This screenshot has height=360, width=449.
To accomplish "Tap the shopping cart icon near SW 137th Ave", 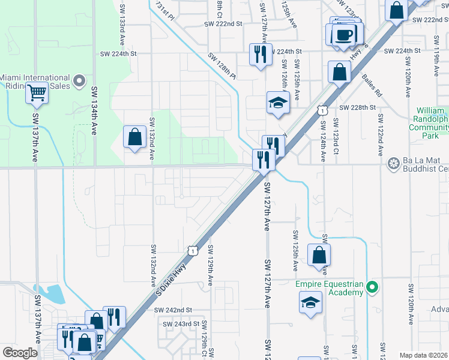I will click(37, 93).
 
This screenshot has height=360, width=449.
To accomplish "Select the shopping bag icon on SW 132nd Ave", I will click(135, 136).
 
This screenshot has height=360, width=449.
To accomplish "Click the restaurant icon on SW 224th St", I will click(261, 55).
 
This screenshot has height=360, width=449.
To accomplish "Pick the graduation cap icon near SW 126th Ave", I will click(278, 102).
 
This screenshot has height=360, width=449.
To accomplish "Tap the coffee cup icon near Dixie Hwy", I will click(344, 34).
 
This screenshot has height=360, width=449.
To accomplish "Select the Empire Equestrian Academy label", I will click(330, 287).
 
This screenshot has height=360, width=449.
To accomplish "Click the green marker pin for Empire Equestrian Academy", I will click(372, 288).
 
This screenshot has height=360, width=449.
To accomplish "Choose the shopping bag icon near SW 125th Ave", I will click(319, 254).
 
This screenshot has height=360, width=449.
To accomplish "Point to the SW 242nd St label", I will click(173, 310).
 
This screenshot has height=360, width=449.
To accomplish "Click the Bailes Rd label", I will click(371, 85).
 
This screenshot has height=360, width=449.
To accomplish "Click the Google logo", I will click(20, 353).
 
